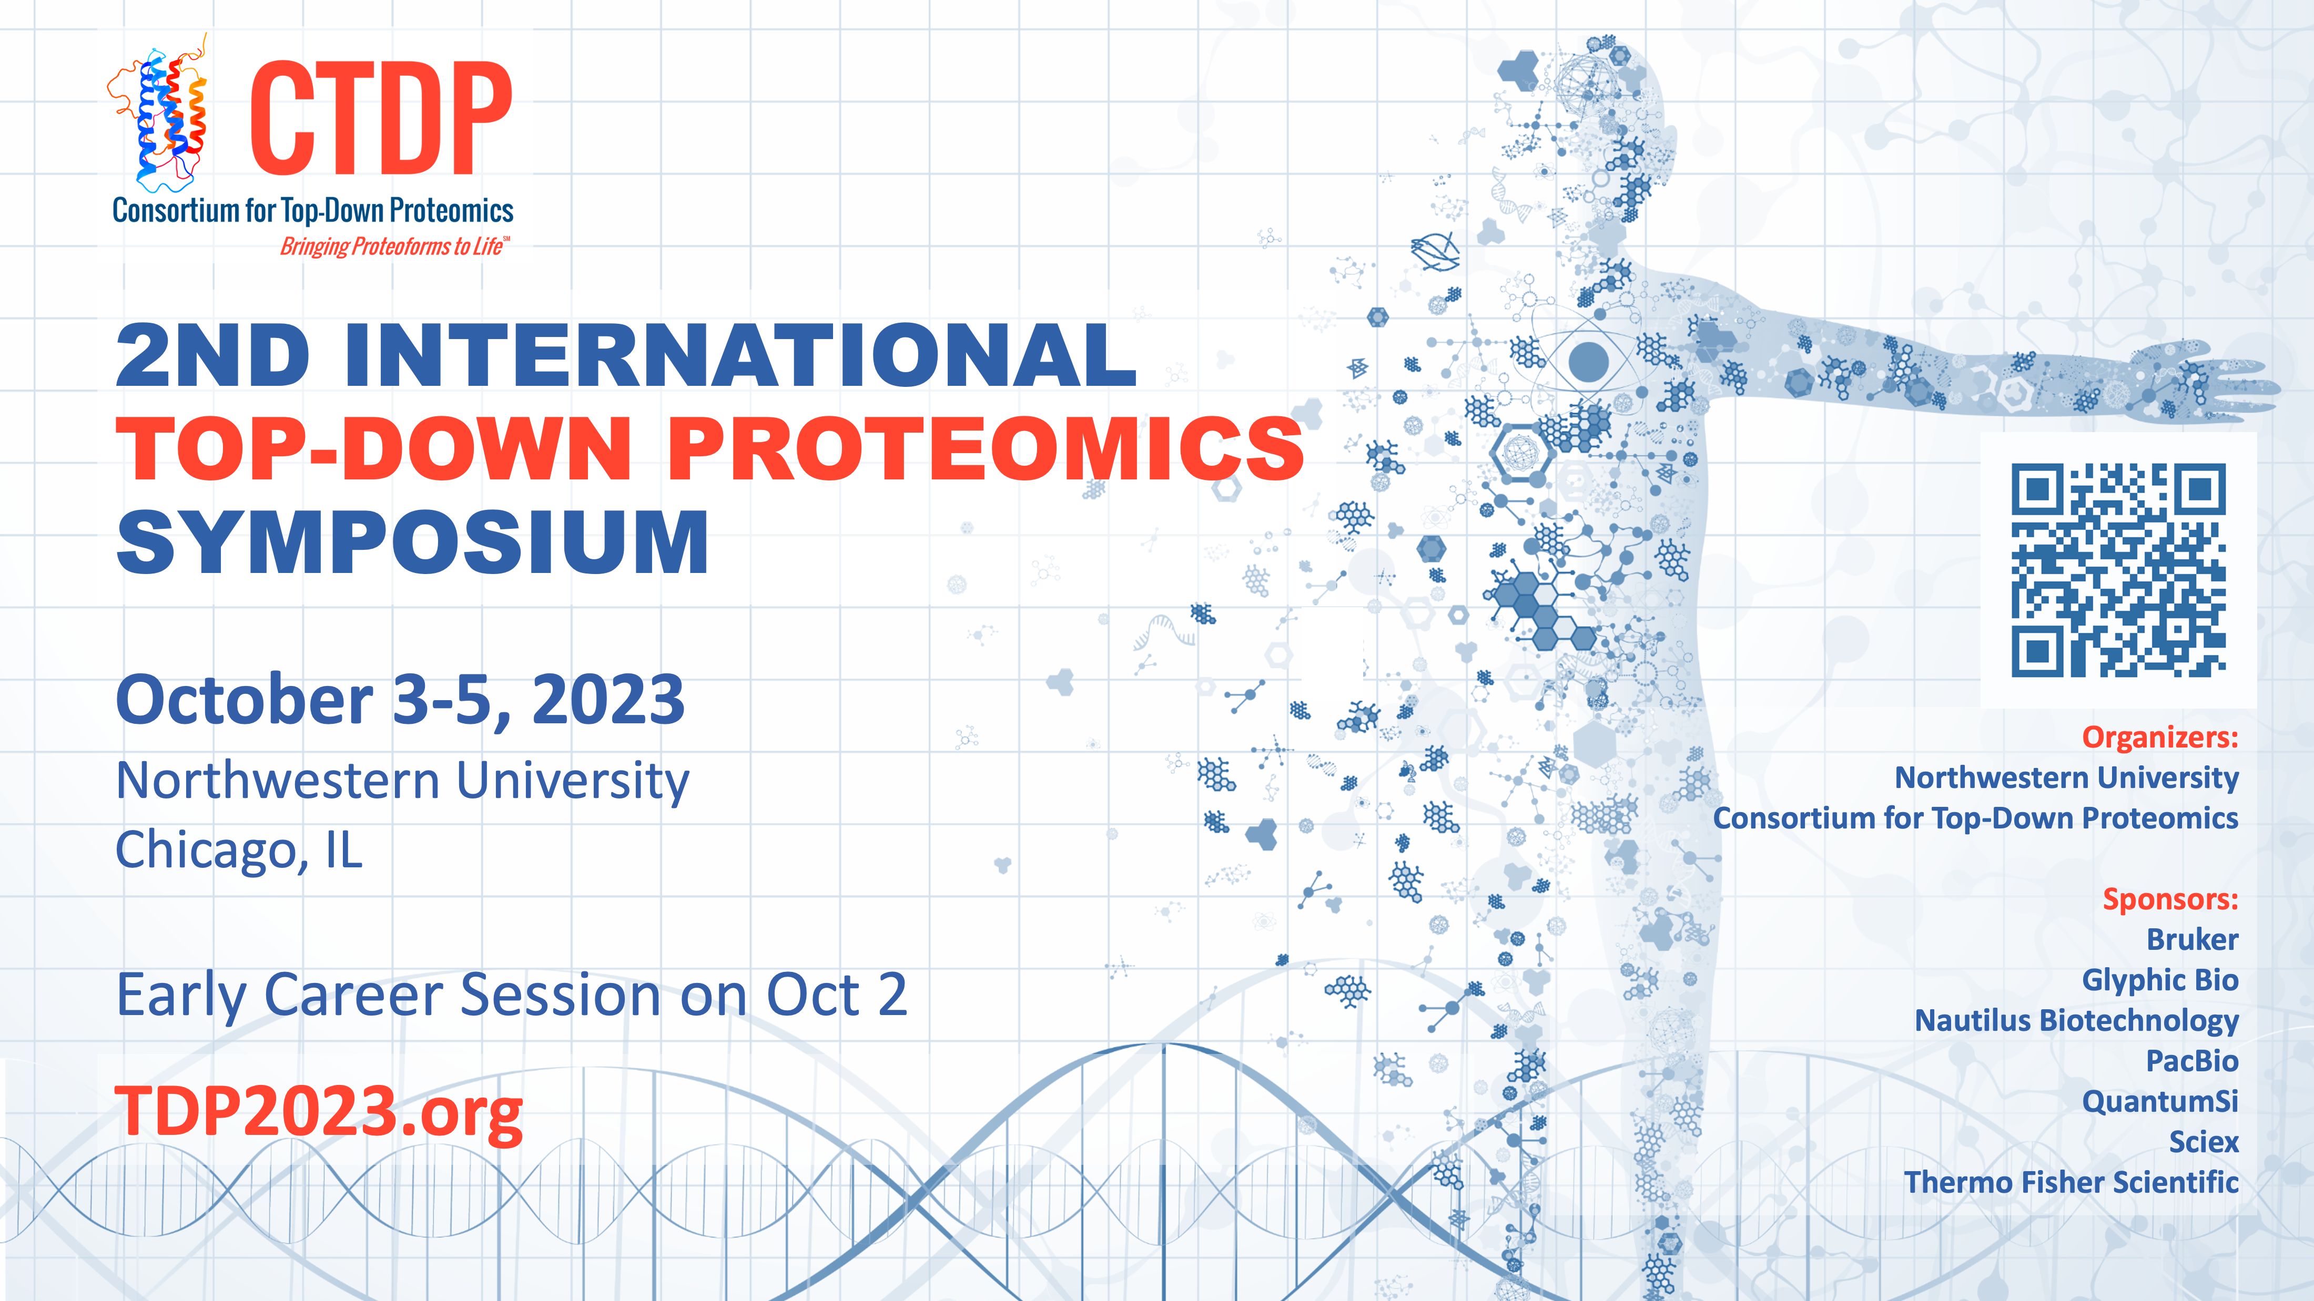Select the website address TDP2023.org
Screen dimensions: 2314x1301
[x=319, y=1112]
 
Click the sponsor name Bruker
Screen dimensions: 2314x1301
[x=2192, y=939]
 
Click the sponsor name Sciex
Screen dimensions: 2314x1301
[x=2204, y=1142]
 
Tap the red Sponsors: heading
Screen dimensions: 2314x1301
[x=2170, y=899]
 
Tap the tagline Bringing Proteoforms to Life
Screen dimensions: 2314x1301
[x=394, y=246]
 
